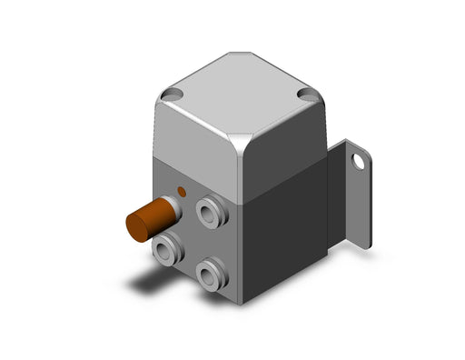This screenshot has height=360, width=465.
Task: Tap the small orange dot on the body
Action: coord(182,192)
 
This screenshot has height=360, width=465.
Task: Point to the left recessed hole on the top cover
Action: coord(171,94)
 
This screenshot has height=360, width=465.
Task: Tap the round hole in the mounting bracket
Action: coord(359,162)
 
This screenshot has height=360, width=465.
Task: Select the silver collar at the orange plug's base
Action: coord(173,208)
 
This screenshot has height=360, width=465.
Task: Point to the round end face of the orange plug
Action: coord(135,227)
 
